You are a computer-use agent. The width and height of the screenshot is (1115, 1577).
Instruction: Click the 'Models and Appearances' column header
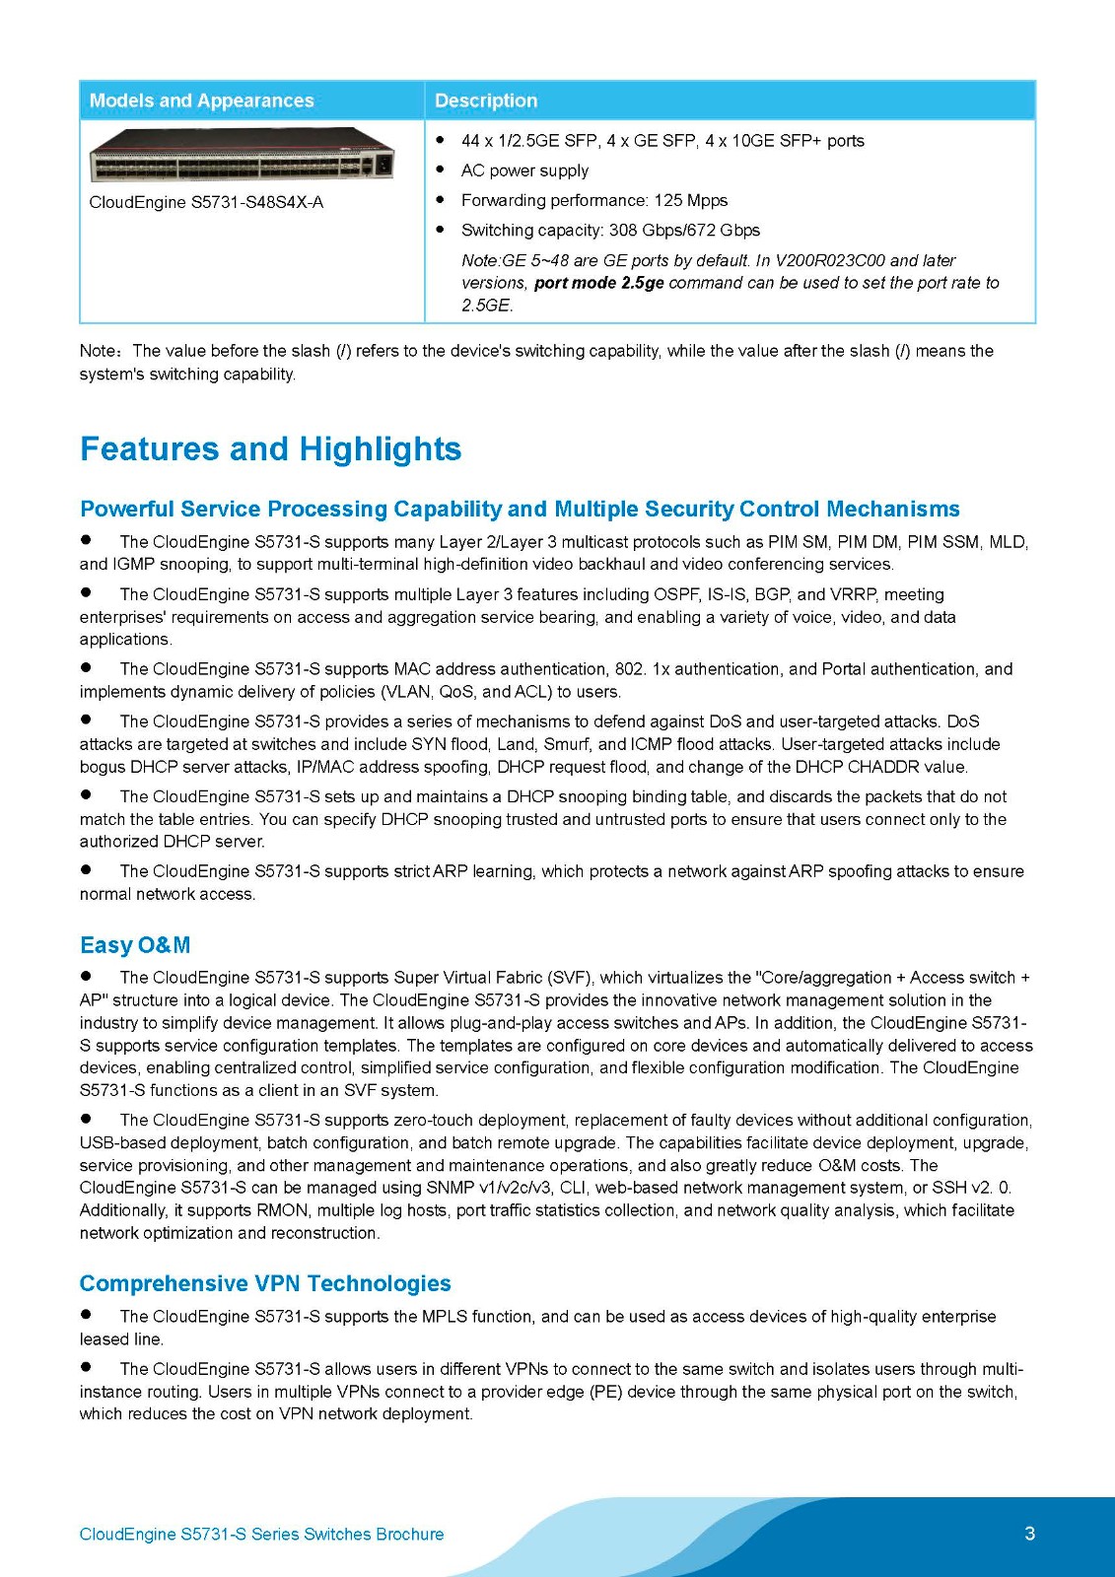pos(201,101)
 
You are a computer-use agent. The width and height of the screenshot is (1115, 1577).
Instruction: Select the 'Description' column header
pos(486,101)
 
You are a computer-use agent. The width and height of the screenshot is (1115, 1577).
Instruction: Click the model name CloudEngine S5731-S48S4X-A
pos(206,202)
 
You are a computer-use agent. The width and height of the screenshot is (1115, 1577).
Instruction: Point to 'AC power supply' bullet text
pos(524,171)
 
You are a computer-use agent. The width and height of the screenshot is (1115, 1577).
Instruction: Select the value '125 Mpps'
pos(690,200)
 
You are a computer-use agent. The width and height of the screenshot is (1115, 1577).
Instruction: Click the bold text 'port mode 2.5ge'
pos(598,283)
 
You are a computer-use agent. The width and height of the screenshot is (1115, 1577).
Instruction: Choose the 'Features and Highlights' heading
pos(270,448)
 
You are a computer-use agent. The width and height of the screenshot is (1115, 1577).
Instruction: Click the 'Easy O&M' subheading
pos(135,945)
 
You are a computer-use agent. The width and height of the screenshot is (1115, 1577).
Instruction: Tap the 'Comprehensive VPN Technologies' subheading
pos(265,1283)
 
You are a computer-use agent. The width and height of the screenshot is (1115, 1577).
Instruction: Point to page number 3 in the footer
pos(1030,1533)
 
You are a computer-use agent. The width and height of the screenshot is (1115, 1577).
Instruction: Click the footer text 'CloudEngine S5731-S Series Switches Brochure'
pos(261,1534)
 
